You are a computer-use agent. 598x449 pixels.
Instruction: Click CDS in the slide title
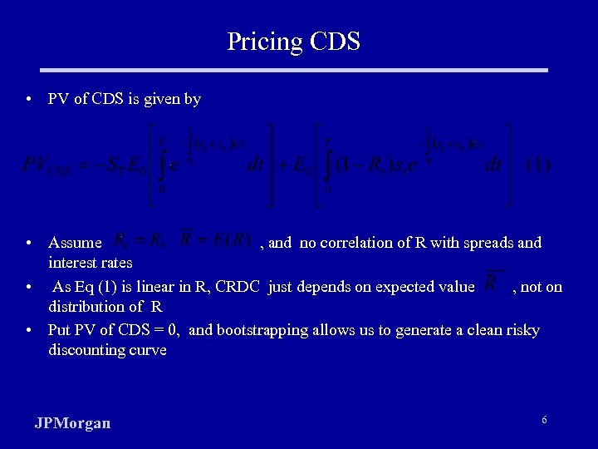(333, 41)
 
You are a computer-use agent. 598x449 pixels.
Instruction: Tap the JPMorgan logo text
(72, 423)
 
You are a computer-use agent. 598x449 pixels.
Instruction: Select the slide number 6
(544, 420)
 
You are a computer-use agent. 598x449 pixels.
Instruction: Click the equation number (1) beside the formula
(538, 165)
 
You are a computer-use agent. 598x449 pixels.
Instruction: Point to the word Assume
(75, 243)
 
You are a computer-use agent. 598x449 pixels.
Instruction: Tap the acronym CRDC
(239, 287)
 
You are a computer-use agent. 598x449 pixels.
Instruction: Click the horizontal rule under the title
(298, 70)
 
